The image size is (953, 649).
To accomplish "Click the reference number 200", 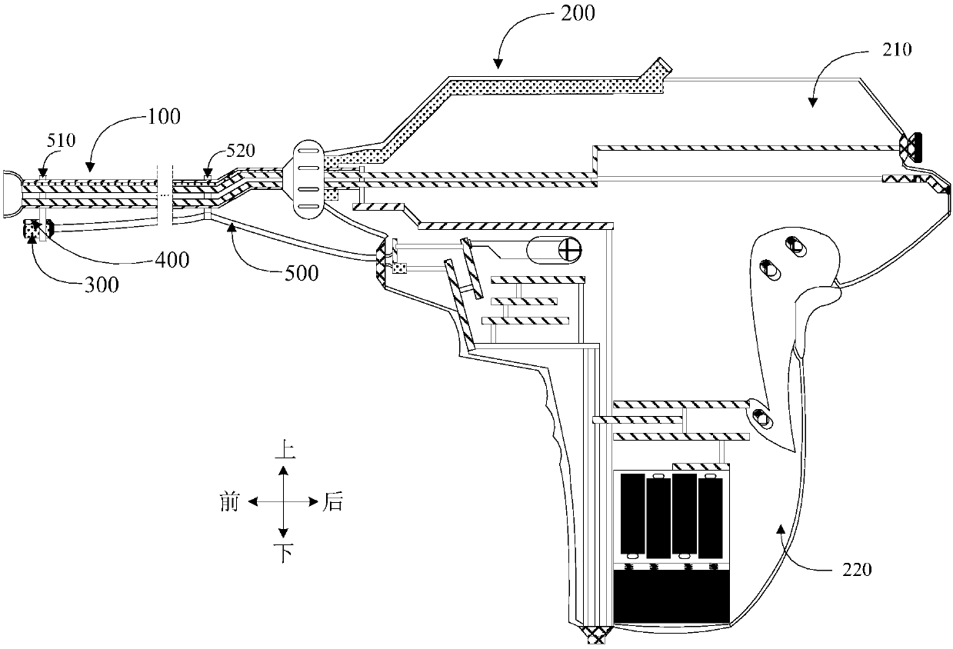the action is [x=578, y=13].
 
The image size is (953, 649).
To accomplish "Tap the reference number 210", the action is [x=897, y=50].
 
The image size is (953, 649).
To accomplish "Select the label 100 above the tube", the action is [x=164, y=117].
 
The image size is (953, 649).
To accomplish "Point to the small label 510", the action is [x=62, y=141].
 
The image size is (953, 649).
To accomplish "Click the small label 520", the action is [x=241, y=151].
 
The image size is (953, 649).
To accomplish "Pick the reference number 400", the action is [x=172, y=260].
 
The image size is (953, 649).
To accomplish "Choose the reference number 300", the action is [x=102, y=285].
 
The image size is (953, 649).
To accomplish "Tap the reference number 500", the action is [x=302, y=273].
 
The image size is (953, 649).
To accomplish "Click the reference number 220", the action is [x=858, y=569].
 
